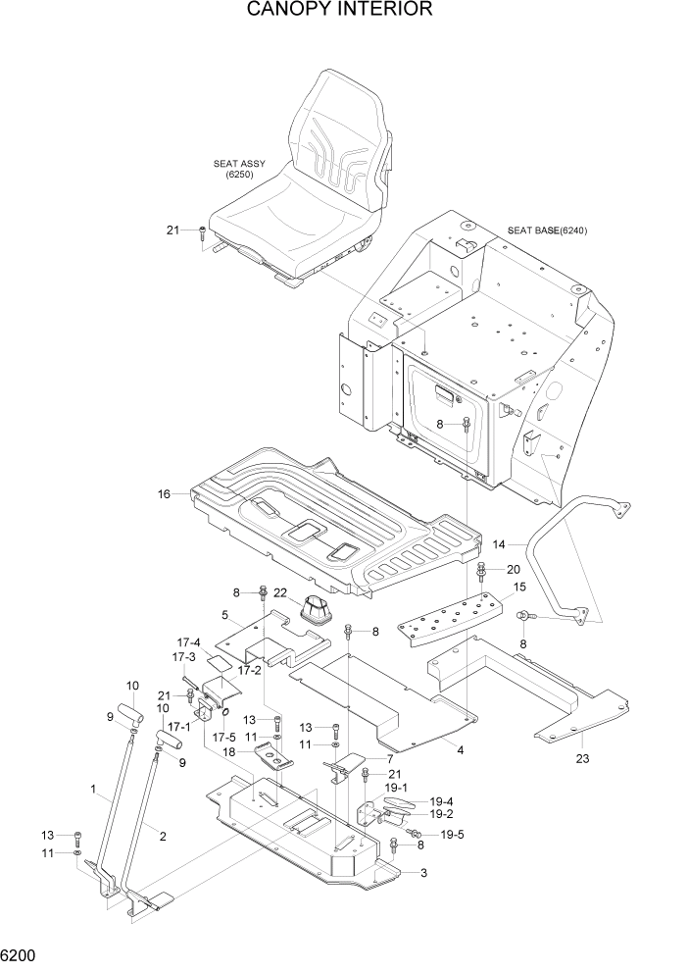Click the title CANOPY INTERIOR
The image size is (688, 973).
[340, 11]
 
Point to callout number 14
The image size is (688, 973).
[499, 543]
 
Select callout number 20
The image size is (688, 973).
[513, 569]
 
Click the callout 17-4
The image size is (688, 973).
[188, 643]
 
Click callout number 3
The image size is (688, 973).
[422, 873]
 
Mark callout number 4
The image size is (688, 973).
[459, 751]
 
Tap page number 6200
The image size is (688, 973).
[21, 952]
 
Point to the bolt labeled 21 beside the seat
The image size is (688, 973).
[203, 232]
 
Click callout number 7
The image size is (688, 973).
[389, 758]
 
